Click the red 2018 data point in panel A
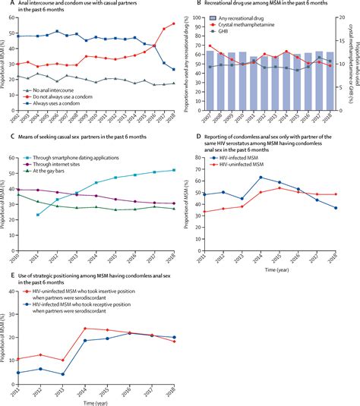[173, 24]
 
